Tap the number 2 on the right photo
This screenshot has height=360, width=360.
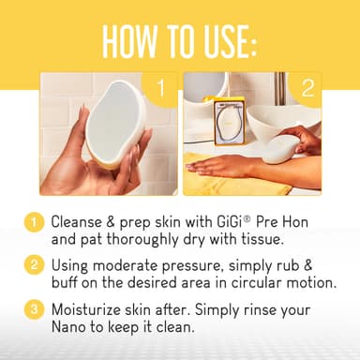[306, 89]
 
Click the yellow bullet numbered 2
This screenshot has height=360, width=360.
[35, 265]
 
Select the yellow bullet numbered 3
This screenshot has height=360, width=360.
[35, 307]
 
